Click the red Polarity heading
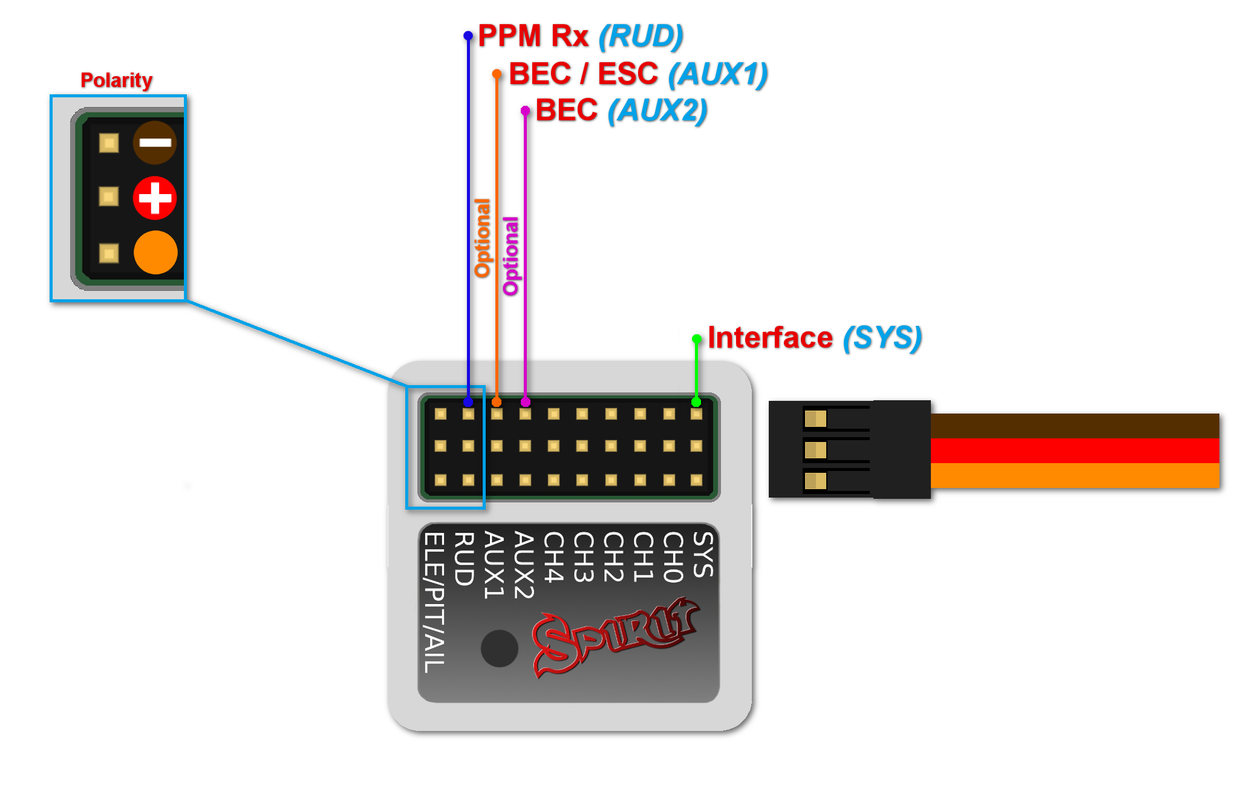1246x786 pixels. coord(116,80)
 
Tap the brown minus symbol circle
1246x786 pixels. coord(155,143)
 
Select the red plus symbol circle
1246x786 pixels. coord(155,198)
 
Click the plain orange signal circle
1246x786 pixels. coord(155,252)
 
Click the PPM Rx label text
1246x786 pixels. coord(532,36)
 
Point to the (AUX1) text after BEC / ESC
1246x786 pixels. coord(717,74)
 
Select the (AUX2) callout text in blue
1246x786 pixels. coord(657,111)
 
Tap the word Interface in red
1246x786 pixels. coord(770,337)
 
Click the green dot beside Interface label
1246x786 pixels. coord(696,339)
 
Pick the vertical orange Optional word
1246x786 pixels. coord(482,238)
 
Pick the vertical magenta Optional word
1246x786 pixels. coord(511,256)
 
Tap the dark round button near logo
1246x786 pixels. coord(499,648)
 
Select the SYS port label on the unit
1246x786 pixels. coord(703,554)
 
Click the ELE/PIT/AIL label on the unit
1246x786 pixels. coord(434,602)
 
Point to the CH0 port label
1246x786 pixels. coord(673,557)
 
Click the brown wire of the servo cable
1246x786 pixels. coord(1074,426)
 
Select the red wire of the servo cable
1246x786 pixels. coord(1074,450)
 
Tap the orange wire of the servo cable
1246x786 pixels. coord(1074,475)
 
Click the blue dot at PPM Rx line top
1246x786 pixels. coord(468,36)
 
